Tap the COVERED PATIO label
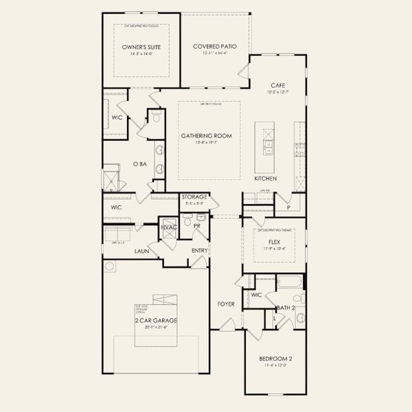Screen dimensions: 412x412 pyautogui.click(x=214, y=47)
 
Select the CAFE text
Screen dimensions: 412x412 pyautogui.click(x=277, y=84)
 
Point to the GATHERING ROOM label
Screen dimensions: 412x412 pyautogui.click(x=206, y=136)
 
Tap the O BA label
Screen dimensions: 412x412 pyautogui.click(x=140, y=164)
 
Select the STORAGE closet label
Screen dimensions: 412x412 pyautogui.click(x=194, y=197)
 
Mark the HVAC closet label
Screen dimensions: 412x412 pyautogui.click(x=168, y=227)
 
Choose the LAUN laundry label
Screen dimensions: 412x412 pyautogui.click(x=142, y=251)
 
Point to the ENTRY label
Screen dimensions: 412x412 pyautogui.click(x=199, y=251)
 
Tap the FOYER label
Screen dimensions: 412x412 pyautogui.click(x=226, y=303)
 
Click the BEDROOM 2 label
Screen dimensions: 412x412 pyautogui.click(x=275, y=358)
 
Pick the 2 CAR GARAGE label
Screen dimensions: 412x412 pyautogui.click(x=157, y=321)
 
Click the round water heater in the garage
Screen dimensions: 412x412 pyautogui.click(x=108, y=266)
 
